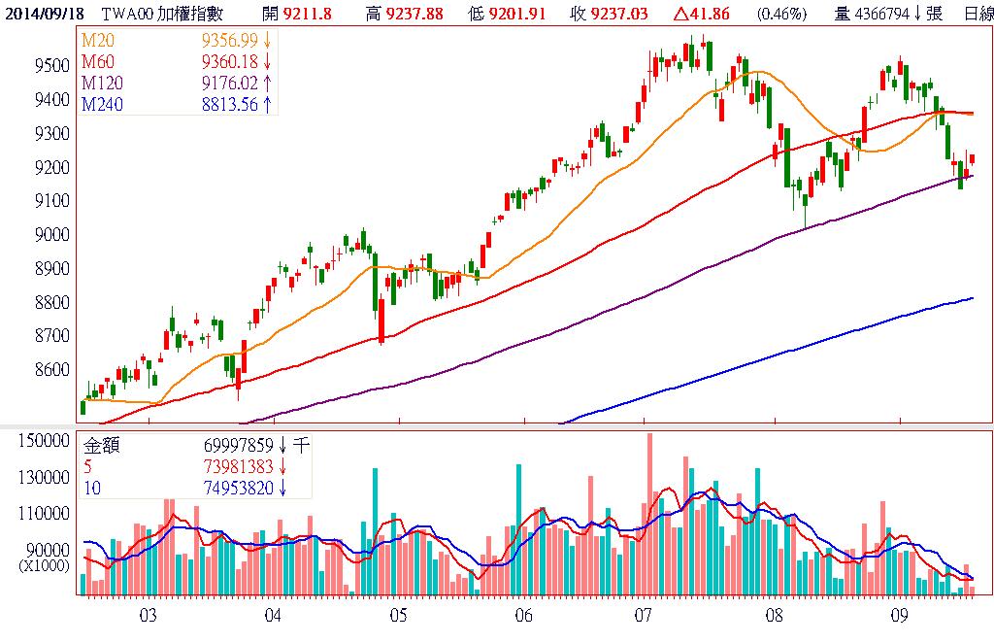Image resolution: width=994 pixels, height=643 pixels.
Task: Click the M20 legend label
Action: [99, 39]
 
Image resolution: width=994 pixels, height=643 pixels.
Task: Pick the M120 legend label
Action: [103, 84]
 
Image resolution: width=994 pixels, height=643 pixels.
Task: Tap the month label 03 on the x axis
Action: [148, 615]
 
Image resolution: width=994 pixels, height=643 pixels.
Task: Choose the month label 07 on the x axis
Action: [643, 615]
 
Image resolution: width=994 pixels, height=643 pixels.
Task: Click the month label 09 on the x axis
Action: [899, 615]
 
